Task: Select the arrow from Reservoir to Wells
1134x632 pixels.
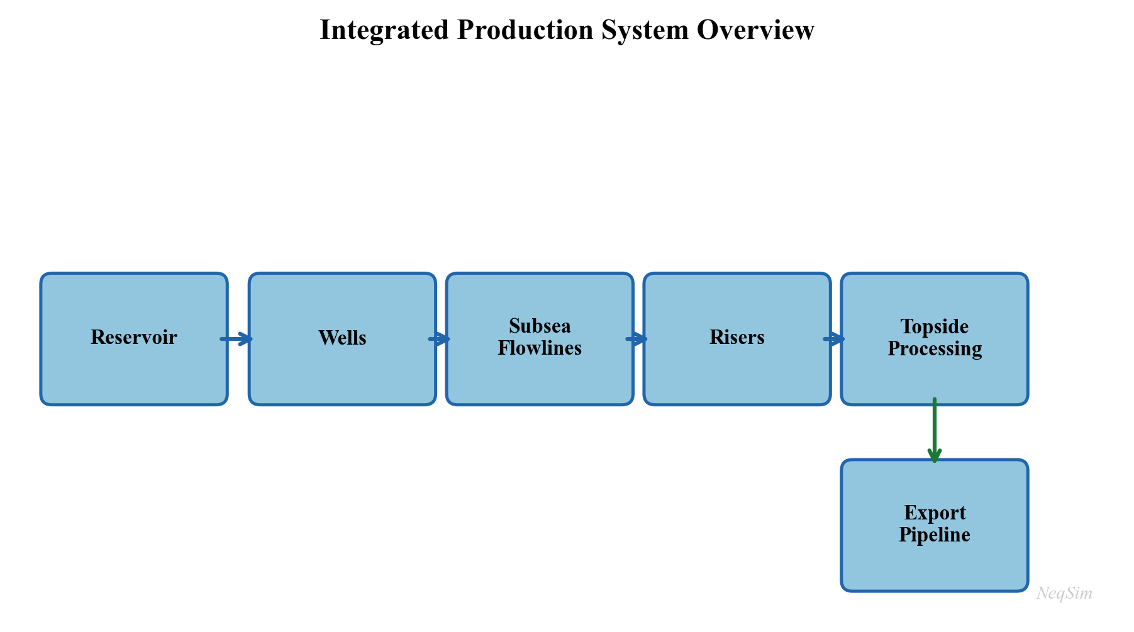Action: [236, 339]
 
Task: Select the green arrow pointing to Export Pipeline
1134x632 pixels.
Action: [935, 431]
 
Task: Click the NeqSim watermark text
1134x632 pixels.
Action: [1064, 593]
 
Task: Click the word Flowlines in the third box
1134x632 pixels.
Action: [540, 348]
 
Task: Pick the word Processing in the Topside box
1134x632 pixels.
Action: [935, 349]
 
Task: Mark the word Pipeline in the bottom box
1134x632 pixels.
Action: [935, 535]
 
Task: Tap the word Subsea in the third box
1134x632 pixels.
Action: [540, 326]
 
